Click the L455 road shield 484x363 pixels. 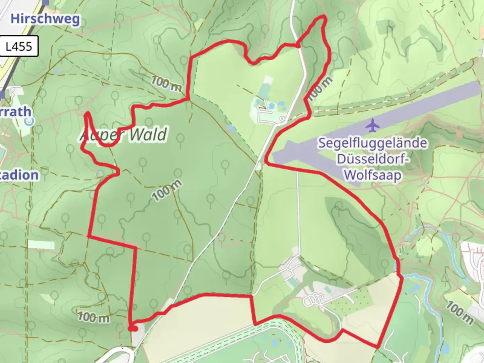tap(19, 46)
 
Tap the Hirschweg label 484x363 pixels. tap(45, 19)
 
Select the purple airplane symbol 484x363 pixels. tap(372, 125)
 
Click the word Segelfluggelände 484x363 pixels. tap(372, 143)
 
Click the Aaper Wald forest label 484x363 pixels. tap(124, 135)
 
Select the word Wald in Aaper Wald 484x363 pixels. tap(148, 135)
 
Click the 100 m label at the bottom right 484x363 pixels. tap(459, 313)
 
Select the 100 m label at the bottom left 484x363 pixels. tap(94, 317)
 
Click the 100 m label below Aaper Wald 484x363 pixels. tap(167, 191)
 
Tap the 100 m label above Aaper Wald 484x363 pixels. tap(166, 83)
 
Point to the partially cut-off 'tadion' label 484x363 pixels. tap(19, 175)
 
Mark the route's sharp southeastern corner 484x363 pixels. tap(377, 347)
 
